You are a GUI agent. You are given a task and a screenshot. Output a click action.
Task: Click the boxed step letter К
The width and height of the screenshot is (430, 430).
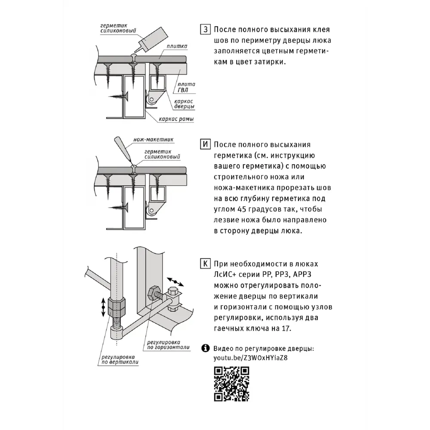(206, 264)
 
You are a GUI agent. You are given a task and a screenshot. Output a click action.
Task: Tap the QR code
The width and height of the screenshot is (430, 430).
(232, 383)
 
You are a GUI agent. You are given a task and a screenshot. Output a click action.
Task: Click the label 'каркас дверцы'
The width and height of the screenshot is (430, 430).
(184, 104)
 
